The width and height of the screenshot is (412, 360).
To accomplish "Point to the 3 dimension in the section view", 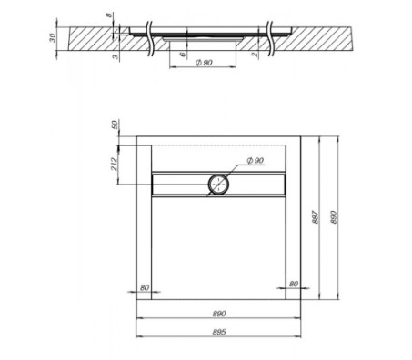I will (x=111, y=57).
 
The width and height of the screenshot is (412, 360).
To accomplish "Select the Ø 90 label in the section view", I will (x=204, y=63).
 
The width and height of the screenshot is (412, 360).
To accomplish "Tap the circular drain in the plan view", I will (x=218, y=183).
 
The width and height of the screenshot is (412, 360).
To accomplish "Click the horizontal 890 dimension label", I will (x=219, y=314).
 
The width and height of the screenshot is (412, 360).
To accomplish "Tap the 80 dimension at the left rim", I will (x=144, y=286).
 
